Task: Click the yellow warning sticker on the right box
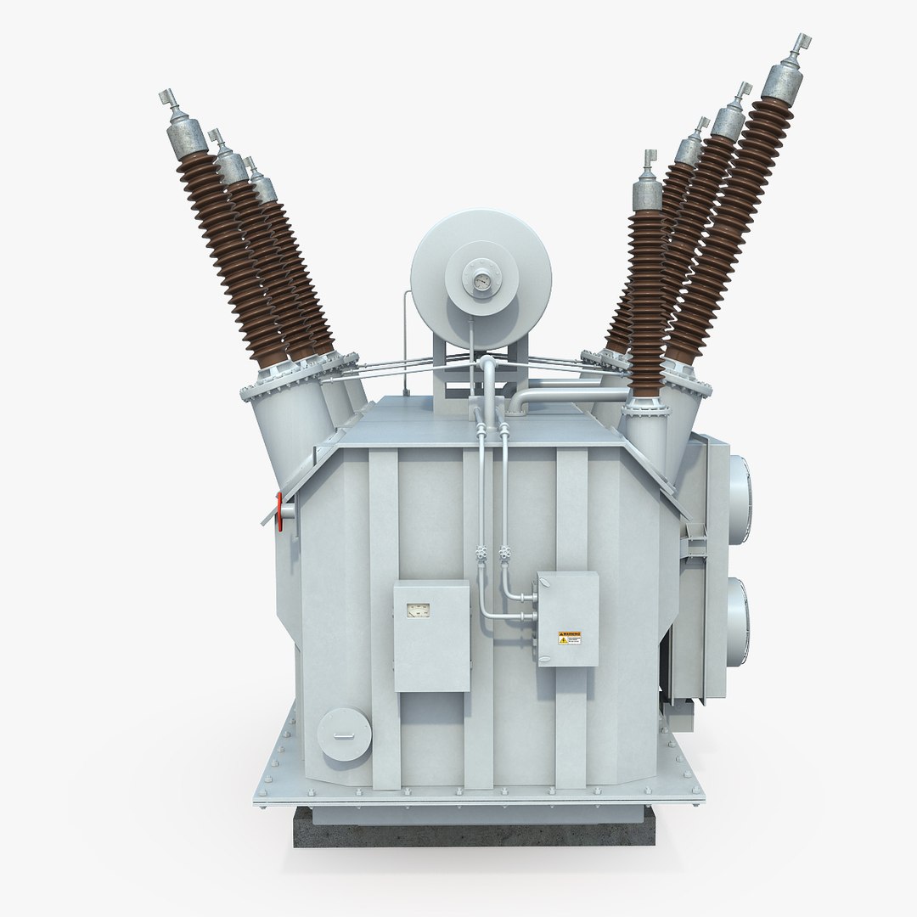click(x=569, y=637)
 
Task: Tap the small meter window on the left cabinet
click(x=419, y=608)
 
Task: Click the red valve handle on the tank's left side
click(x=278, y=508)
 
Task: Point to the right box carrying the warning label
click(x=567, y=618)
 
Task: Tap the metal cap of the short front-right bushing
click(x=647, y=192)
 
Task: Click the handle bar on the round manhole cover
click(x=343, y=735)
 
